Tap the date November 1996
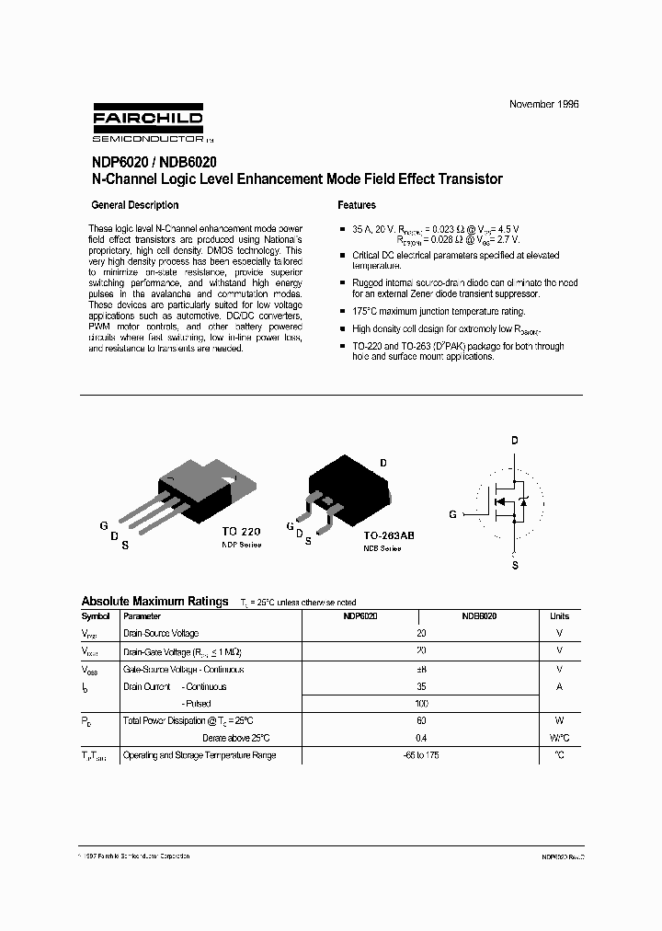click(544, 105)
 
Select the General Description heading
click(135, 205)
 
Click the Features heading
click(357, 205)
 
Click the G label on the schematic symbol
click(452, 515)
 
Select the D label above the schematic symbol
click(515, 441)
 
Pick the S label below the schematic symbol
click(515, 566)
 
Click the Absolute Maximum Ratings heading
click(154, 601)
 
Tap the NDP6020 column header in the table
click(360, 616)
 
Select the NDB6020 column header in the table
click(479, 616)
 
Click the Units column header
click(559, 616)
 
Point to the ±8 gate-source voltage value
click(421, 669)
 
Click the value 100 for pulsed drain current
click(421, 704)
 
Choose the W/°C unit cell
click(559, 738)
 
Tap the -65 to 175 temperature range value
click(421, 755)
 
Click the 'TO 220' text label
click(242, 533)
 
